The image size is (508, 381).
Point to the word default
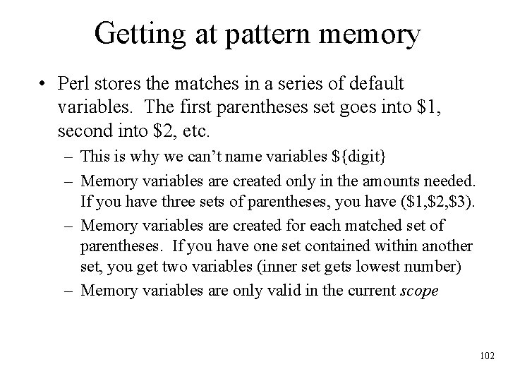pyautogui.click(x=370, y=85)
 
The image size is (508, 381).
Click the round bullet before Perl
pyautogui.click(x=44, y=85)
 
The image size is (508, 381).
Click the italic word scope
pyautogui.click(x=418, y=291)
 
